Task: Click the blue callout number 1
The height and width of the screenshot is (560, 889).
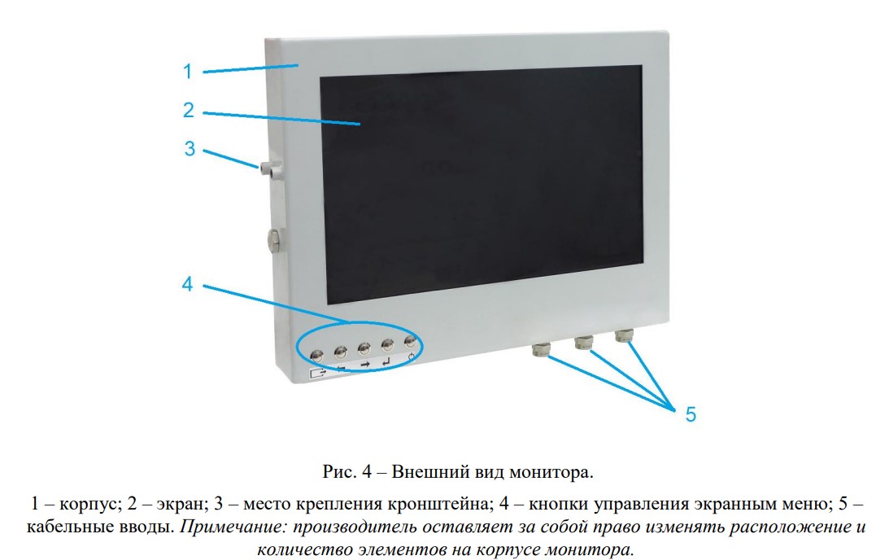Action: (x=188, y=72)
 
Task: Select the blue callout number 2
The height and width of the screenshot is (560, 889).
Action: (x=189, y=110)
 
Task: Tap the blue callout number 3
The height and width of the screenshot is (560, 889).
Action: (x=190, y=149)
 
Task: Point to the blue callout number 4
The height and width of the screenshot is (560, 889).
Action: (x=188, y=284)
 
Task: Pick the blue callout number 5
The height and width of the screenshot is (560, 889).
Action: (x=691, y=414)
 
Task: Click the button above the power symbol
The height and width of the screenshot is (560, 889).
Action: (x=411, y=342)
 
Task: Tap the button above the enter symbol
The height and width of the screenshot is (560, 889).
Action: (x=387, y=343)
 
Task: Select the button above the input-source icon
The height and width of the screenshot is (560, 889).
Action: (x=317, y=355)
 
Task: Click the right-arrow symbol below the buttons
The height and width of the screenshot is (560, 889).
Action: (x=364, y=365)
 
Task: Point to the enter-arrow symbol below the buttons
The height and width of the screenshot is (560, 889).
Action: (x=386, y=362)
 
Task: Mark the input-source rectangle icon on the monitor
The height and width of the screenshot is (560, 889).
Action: (x=318, y=373)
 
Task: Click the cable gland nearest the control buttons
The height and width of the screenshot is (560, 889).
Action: (x=540, y=349)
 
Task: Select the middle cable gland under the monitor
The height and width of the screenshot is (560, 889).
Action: (x=583, y=342)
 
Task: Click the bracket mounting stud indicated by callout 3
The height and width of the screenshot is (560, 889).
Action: (x=272, y=170)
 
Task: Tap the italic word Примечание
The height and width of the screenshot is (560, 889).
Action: (x=233, y=527)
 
